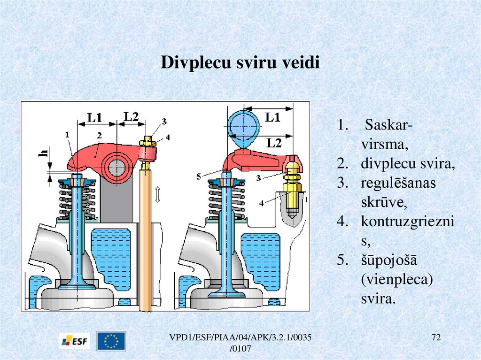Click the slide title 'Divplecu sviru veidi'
(240, 62)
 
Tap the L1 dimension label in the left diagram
(95, 118)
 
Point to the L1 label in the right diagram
(272, 117)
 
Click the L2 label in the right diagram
(272, 143)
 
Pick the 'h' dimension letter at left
(44, 153)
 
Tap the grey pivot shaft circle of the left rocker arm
(116, 167)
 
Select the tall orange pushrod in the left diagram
(146, 239)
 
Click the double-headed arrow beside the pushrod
(158, 194)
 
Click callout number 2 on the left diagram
(99, 135)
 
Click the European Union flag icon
(111, 341)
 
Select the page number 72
(437, 338)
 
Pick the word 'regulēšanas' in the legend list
(398, 183)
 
